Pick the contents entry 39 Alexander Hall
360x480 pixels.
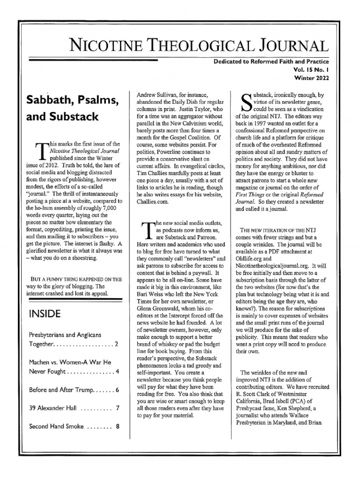[x=52, y=408]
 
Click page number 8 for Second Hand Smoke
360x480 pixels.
[x=117, y=427]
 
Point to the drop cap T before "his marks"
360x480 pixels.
[x=40, y=152]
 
